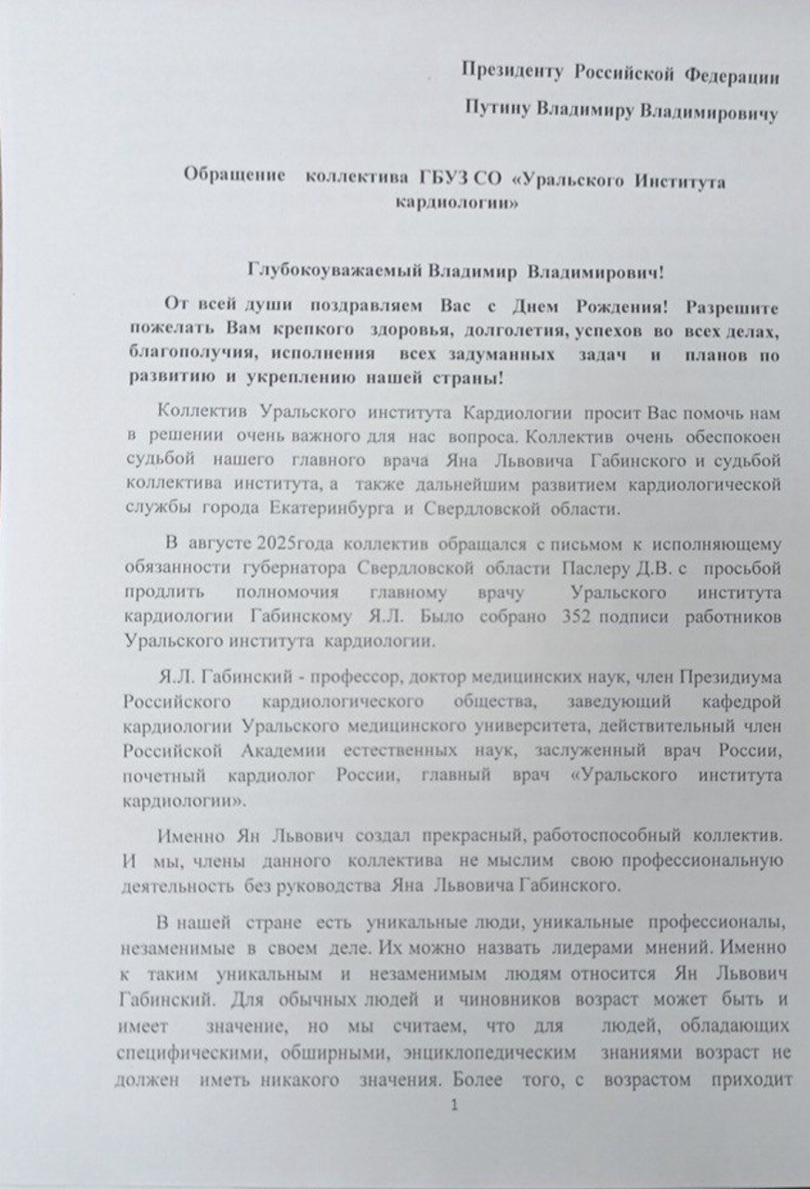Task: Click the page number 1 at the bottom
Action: click(x=454, y=1105)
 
